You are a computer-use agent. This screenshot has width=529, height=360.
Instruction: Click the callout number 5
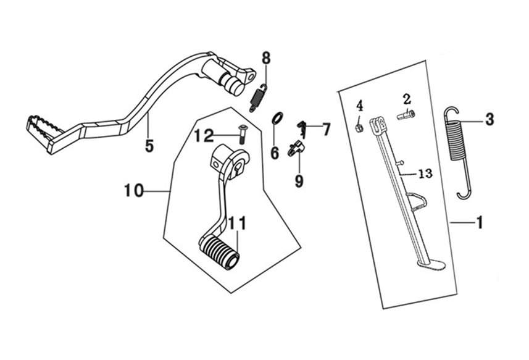(x=149, y=146)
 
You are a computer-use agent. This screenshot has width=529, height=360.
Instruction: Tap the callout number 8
(x=266, y=58)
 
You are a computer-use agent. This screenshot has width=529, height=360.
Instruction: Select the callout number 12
(x=204, y=136)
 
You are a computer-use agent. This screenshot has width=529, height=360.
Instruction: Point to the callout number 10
(x=134, y=191)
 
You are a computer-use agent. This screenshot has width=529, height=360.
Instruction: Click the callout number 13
(x=425, y=174)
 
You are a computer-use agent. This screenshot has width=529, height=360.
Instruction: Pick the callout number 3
(x=489, y=119)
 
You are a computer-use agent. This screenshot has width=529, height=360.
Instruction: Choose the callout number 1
(x=479, y=223)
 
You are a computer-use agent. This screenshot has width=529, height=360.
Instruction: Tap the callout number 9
(x=299, y=181)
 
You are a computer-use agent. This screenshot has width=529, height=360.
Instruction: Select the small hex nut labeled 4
(x=360, y=128)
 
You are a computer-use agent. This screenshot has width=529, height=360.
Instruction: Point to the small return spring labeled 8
(x=259, y=98)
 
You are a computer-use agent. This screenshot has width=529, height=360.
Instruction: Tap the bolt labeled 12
(x=241, y=132)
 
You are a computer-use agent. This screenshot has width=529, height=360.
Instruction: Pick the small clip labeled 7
(x=302, y=129)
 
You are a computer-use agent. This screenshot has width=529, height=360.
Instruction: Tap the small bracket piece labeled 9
(x=296, y=148)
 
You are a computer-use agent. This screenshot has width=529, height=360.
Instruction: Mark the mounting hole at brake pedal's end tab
(x=251, y=76)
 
